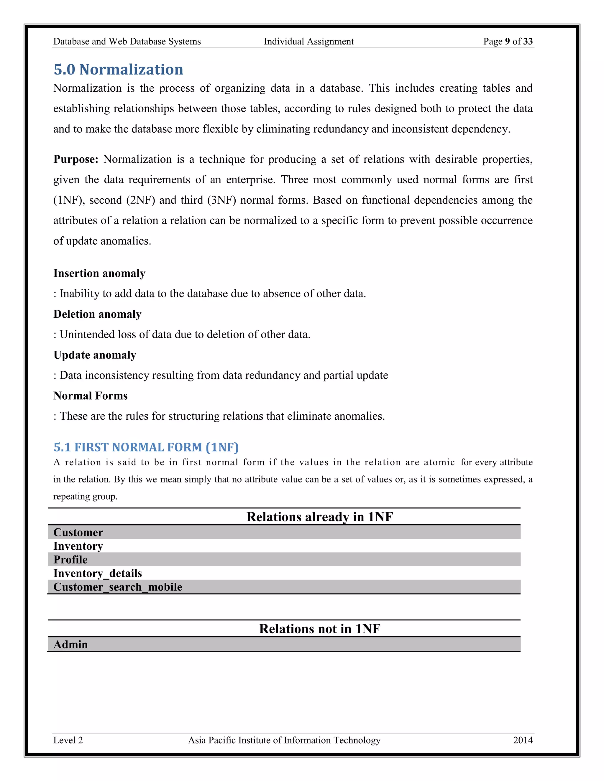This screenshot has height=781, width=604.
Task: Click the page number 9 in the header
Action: [x=507, y=42]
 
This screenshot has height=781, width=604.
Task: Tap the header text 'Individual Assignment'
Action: [x=308, y=42]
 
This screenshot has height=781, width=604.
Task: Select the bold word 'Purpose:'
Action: [x=75, y=159]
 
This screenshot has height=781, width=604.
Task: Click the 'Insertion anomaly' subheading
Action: [x=99, y=273]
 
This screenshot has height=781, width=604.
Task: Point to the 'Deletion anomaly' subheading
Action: [x=97, y=314]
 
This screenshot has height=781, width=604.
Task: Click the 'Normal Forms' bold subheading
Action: [x=90, y=396]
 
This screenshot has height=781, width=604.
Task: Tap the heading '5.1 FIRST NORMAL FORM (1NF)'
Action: [x=146, y=447]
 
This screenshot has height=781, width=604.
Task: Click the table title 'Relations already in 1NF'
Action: [x=319, y=517]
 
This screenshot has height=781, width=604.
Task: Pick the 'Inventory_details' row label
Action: [x=97, y=573]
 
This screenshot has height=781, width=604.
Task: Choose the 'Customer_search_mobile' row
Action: [x=117, y=587]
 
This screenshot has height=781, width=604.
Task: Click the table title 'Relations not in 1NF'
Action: [x=319, y=629]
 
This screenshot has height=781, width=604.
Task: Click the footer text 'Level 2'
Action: [x=68, y=740]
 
